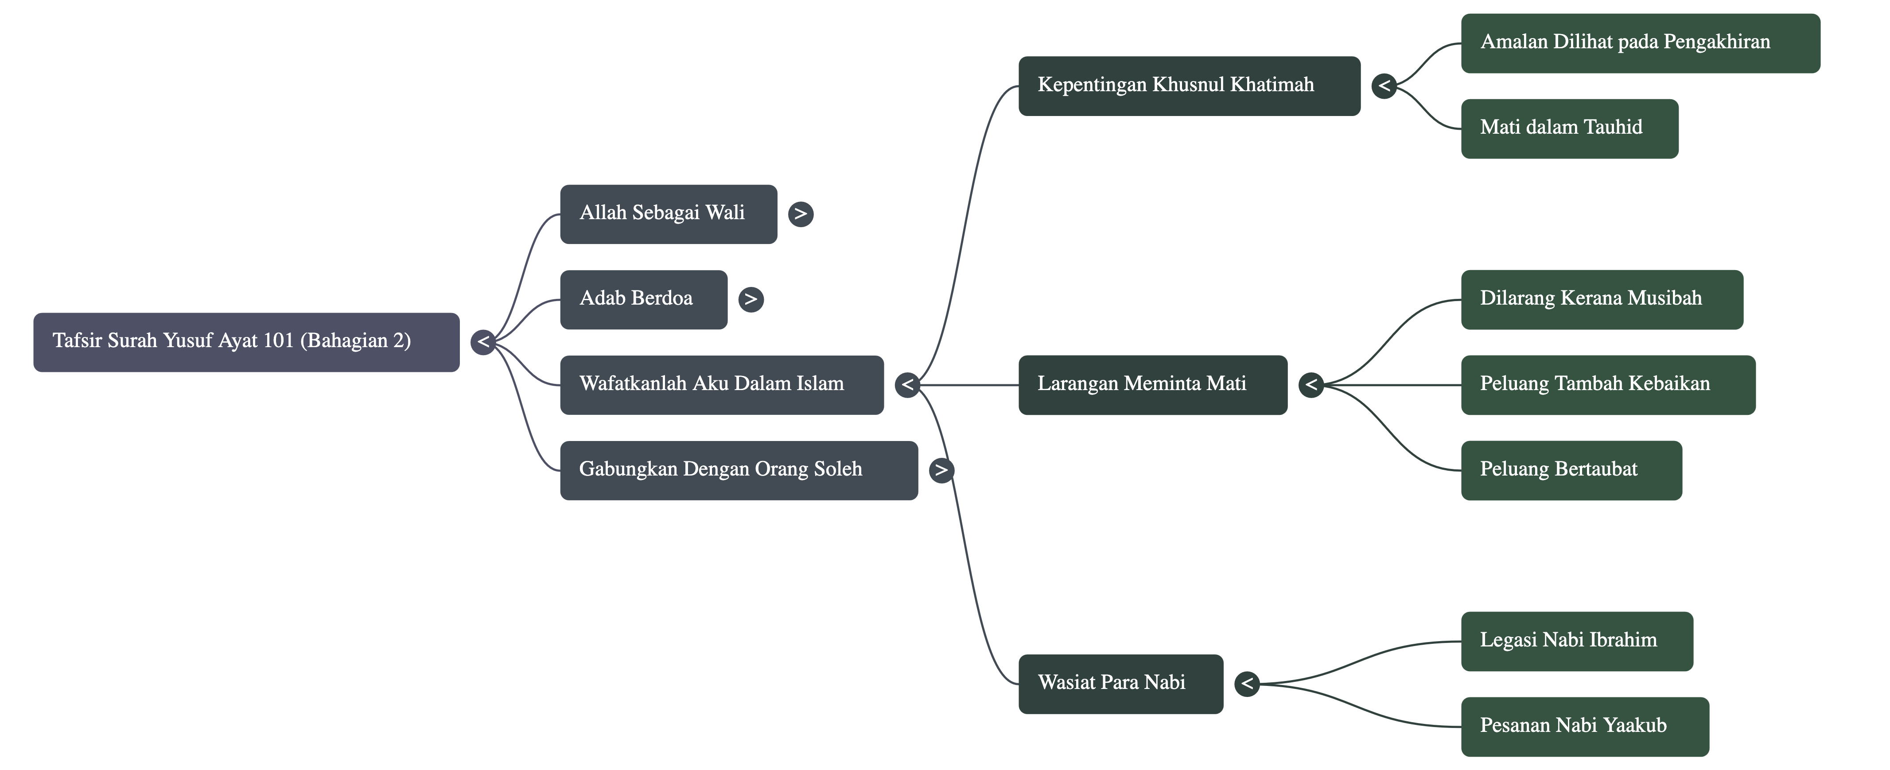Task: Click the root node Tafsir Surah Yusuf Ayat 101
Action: [x=246, y=342]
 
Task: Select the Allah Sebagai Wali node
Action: [x=668, y=214]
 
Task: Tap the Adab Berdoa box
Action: [x=643, y=299]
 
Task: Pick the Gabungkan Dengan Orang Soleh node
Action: [x=738, y=470]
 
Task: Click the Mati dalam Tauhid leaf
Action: [x=1569, y=128]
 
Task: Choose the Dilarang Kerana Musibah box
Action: [x=1602, y=299]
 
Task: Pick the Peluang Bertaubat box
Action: [x=1571, y=470]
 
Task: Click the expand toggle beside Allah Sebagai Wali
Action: [x=801, y=214]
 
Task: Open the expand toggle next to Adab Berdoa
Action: [x=751, y=299]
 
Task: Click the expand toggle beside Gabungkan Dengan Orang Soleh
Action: [x=941, y=470]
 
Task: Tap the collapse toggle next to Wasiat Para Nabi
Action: [x=1247, y=684]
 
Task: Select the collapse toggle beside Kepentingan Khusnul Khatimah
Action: [x=1384, y=86]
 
